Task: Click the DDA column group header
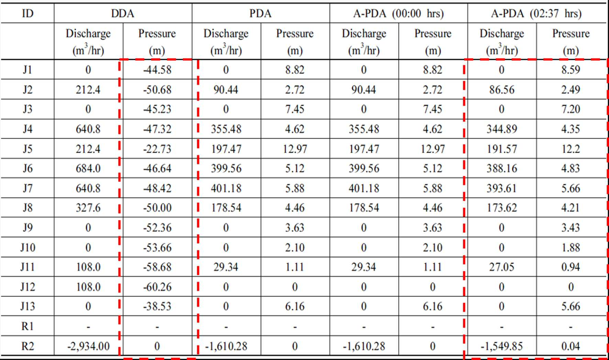click(x=123, y=13)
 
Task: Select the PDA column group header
click(x=261, y=13)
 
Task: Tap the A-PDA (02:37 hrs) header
click(x=536, y=13)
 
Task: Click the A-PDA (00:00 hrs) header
click(x=398, y=13)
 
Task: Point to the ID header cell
click(x=27, y=13)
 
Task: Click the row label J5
click(x=27, y=149)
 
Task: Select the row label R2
click(x=27, y=346)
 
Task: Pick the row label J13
click(x=27, y=306)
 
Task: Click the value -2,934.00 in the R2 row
click(x=88, y=346)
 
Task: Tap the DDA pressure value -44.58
click(x=157, y=70)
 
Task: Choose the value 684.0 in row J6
click(x=88, y=168)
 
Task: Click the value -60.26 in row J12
click(x=157, y=287)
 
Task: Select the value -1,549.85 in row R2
click(x=502, y=346)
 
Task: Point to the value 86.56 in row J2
click(x=502, y=90)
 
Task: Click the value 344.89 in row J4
click(x=502, y=129)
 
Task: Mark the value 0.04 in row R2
click(x=571, y=346)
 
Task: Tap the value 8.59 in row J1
click(x=571, y=70)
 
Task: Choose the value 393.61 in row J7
click(x=502, y=188)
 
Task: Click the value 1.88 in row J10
click(x=571, y=248)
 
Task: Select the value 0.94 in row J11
click(x=571, y=267)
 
